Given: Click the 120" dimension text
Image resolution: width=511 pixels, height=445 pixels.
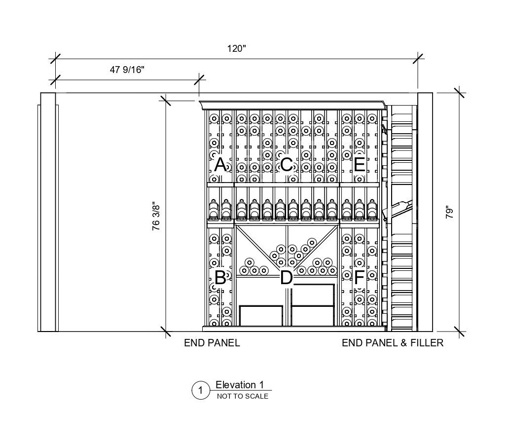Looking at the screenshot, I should point(236,48).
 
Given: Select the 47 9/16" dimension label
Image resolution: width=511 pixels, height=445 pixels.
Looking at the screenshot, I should point(126,70).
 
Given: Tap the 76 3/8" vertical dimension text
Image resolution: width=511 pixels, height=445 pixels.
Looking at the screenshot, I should point(156,216).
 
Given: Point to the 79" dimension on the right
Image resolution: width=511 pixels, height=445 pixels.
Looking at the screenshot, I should point(449,213).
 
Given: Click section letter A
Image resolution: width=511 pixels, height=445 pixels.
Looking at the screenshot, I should point(220,164).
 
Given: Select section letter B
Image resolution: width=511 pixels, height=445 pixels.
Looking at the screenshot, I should point(220,278).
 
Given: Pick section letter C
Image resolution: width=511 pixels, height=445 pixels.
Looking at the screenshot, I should point(286,164).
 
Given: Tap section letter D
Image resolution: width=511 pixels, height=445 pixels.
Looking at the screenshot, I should point(286,278).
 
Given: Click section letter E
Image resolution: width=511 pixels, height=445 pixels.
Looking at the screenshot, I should point(359,164).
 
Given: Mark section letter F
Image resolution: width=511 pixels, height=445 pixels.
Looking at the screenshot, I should point(359,278).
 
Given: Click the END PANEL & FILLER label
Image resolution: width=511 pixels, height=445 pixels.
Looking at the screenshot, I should point(393,343).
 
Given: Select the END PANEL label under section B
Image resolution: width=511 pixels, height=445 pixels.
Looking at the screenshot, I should point(212,343).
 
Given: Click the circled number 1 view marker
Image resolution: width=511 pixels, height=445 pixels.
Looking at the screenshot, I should point(200,391).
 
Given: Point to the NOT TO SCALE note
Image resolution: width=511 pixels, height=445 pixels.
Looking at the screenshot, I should point(243,396).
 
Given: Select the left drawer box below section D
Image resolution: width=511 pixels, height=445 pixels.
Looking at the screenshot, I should point(261,316).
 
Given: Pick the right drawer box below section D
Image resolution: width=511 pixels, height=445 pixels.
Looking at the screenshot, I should point(313,316).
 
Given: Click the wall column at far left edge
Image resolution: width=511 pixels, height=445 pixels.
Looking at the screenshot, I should point(48,212).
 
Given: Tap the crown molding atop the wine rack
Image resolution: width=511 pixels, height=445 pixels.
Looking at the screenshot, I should point(292,105).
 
